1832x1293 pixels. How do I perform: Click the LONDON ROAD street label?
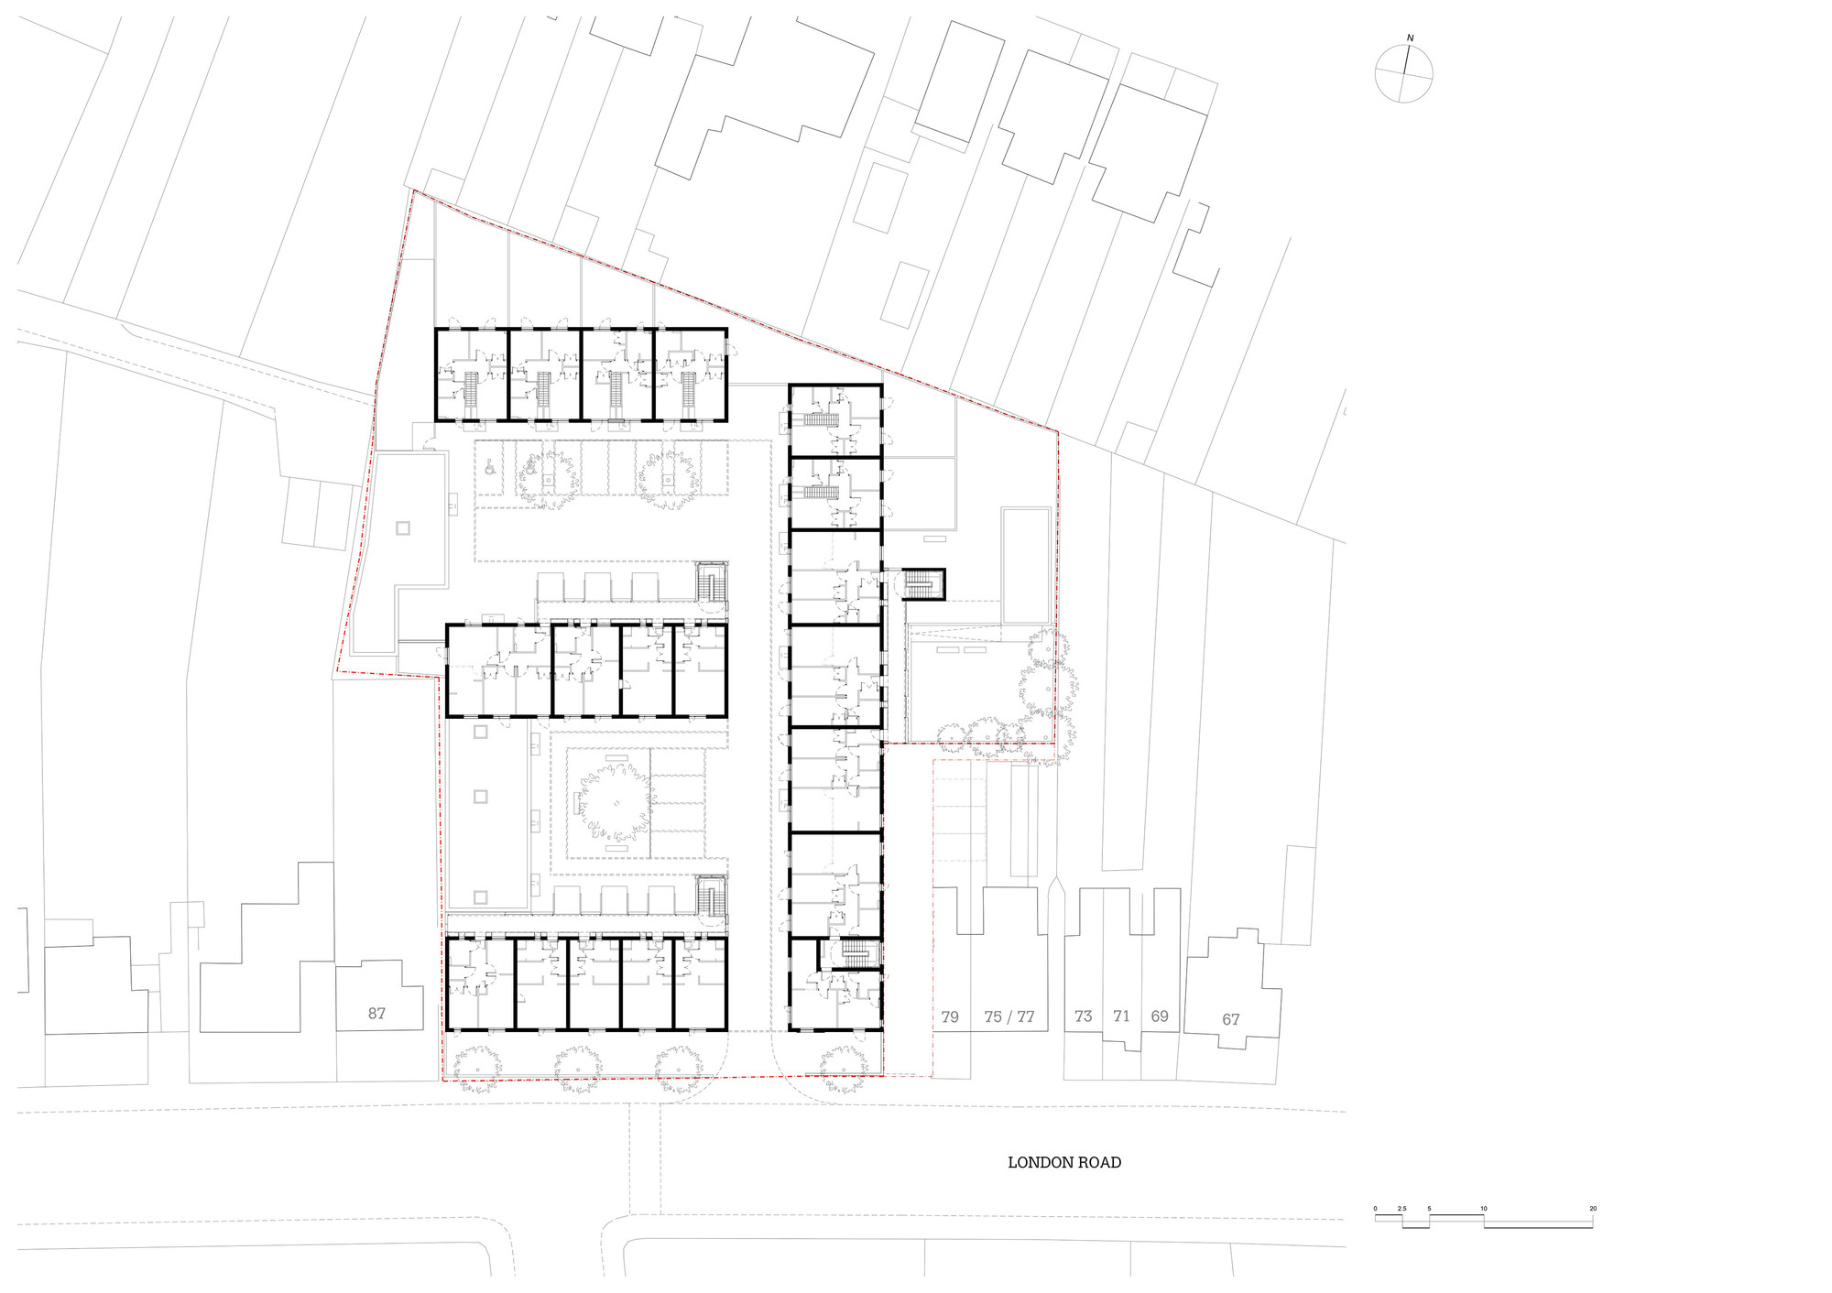pyautogui.click(x=1064, y=1162)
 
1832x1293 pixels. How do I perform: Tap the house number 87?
pyautogui.click(x=376, y=1014)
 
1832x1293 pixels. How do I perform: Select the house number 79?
pyautogui.click(x=950, y=1016)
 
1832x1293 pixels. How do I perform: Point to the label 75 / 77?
pyautogui.click(x=1009, y=1016)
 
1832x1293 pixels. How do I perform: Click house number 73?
pyautogui.click(x=1084, y=1016)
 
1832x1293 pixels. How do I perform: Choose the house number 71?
pyautogui.click(x=1121, y=1016)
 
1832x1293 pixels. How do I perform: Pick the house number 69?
pyautogui.click(x=1160, y=1016)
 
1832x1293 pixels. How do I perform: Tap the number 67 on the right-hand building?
pyautogui.click(x=1231, y=1019)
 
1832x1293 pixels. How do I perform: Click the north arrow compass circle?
pyautogui.click(x=1403, y=73)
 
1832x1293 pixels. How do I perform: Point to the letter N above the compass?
pyautogui.click(x=1410, y=38)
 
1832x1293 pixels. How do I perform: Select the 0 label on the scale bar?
pyautogui.click(x=1375, y=1209)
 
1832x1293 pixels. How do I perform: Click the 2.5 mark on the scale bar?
pyautogui.click(x=1401, y=1209)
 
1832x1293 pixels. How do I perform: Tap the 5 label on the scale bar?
pyautogui.click(x=1429, y=1209)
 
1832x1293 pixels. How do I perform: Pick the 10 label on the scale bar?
pyautogui.click(x=1484, y=1209)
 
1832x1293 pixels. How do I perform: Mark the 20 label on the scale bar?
pyautogui.click(x=1593, y=1209)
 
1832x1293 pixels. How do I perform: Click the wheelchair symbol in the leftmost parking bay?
pyautogui.click(x=490, y=468)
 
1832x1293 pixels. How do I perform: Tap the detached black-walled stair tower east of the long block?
pyautogui.click(x=923, y=583)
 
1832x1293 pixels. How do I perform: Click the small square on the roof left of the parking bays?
pyautogui.click(x=403, y=528)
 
